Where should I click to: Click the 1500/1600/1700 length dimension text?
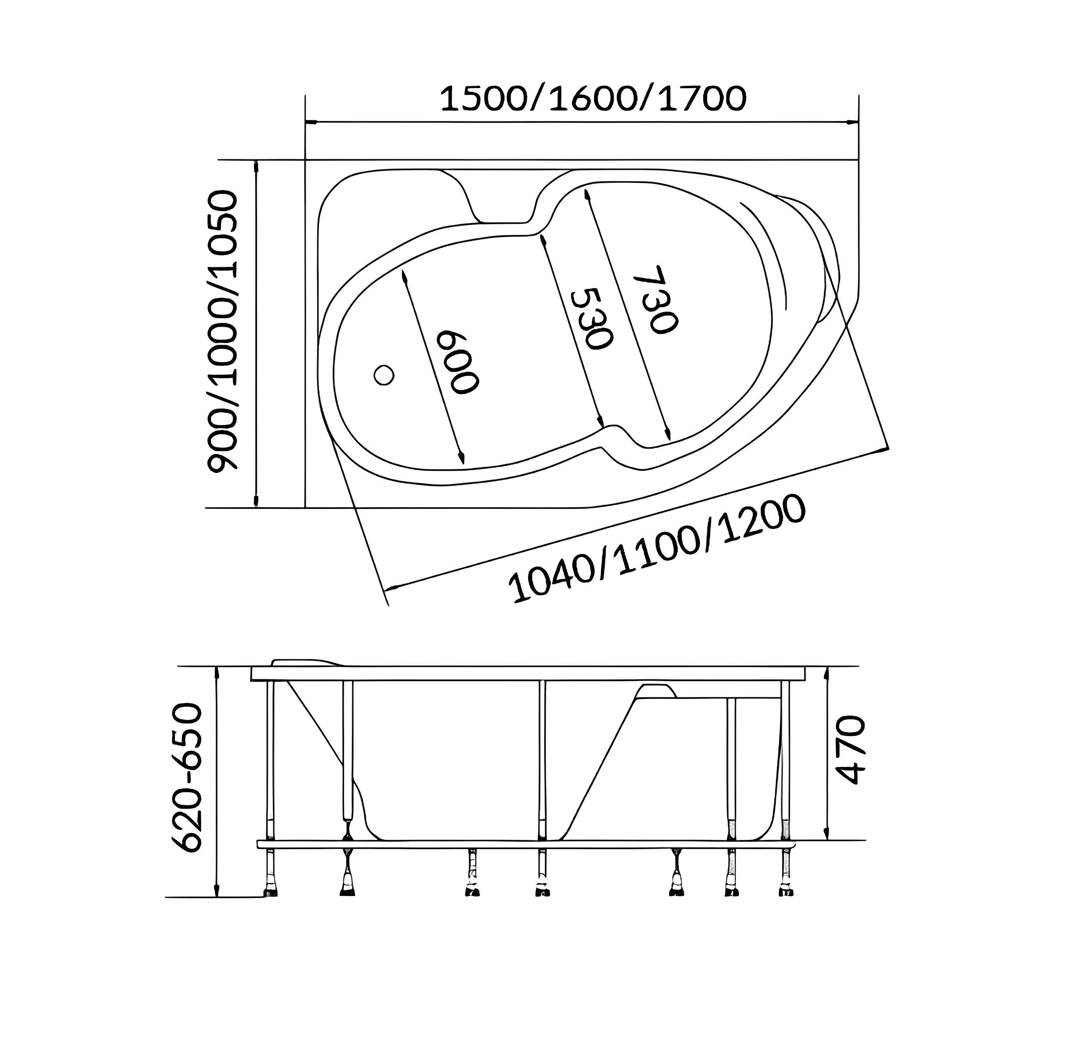pos(593,99)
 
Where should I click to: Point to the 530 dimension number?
pos(592,319)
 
